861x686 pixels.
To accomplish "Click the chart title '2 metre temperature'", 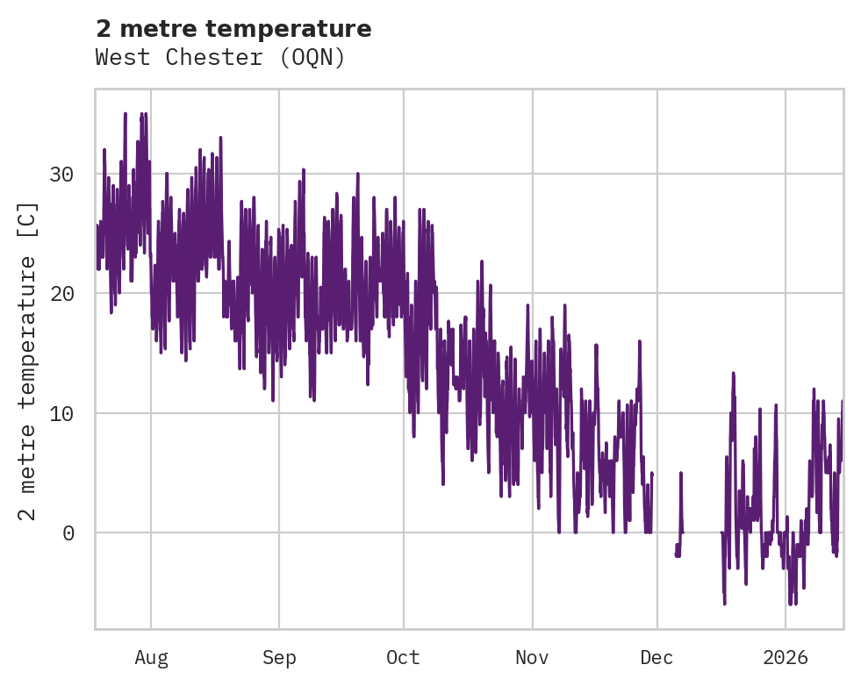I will [x=233, y=29].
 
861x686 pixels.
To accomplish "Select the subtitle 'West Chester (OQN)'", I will [x=220, y=58].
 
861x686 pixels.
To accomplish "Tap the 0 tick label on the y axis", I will [x=68, y=532].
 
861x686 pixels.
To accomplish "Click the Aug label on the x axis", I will [x=151, y=658].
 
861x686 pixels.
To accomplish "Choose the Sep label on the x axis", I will [x=279, y=658].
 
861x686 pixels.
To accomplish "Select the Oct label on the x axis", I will [x=404, y=658].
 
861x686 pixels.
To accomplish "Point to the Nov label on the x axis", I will [x=532, y=658].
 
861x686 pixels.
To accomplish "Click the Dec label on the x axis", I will [x=657, y=658].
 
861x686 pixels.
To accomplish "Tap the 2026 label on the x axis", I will [x=786, y=658].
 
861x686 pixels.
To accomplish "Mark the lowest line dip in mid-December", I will [x=724, y=602].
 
